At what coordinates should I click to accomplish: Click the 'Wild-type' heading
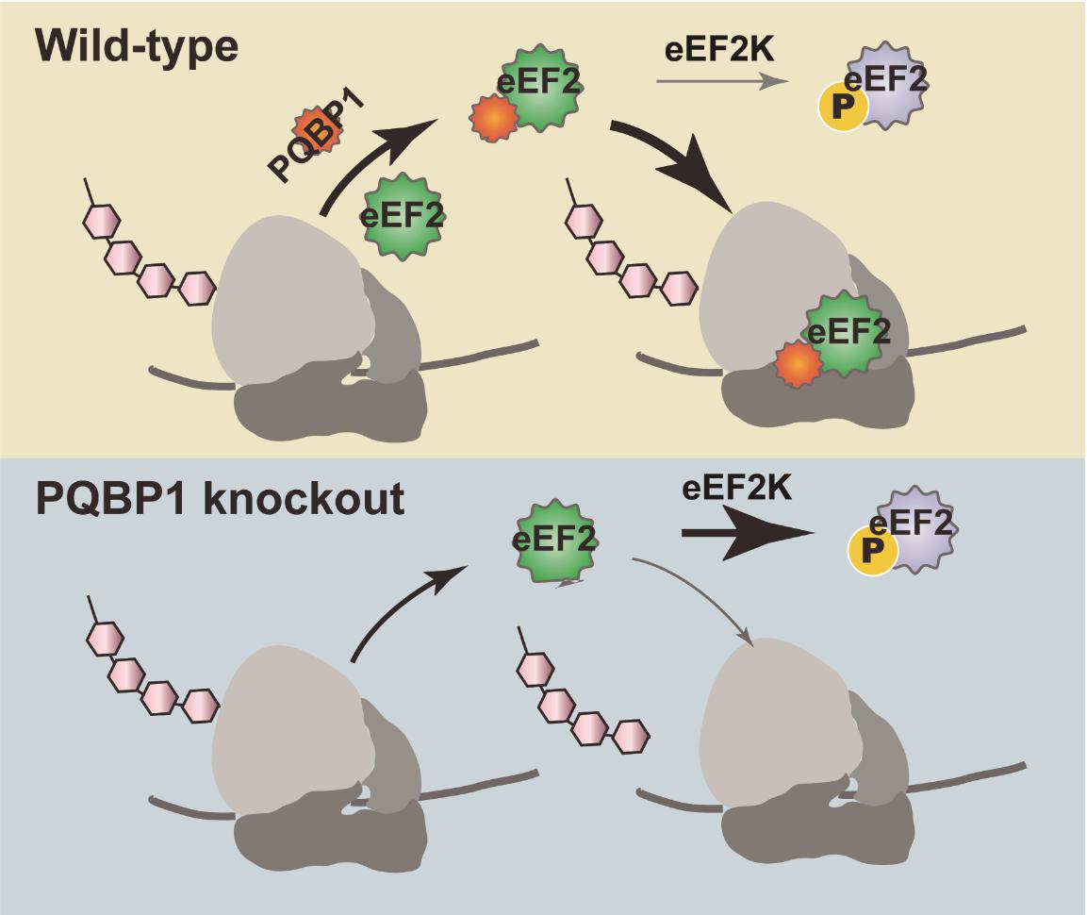click(137, 44)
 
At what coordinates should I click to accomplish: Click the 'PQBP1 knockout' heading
click(220, 497)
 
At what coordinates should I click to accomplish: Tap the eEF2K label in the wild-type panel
click(719, 49)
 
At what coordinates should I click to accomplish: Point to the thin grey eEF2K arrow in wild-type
click(721, 81)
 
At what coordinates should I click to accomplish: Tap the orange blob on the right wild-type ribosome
click(796, 363)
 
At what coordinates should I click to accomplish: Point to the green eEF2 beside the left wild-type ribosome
click(403, 217)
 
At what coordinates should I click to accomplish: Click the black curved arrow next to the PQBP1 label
click(372, 160)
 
